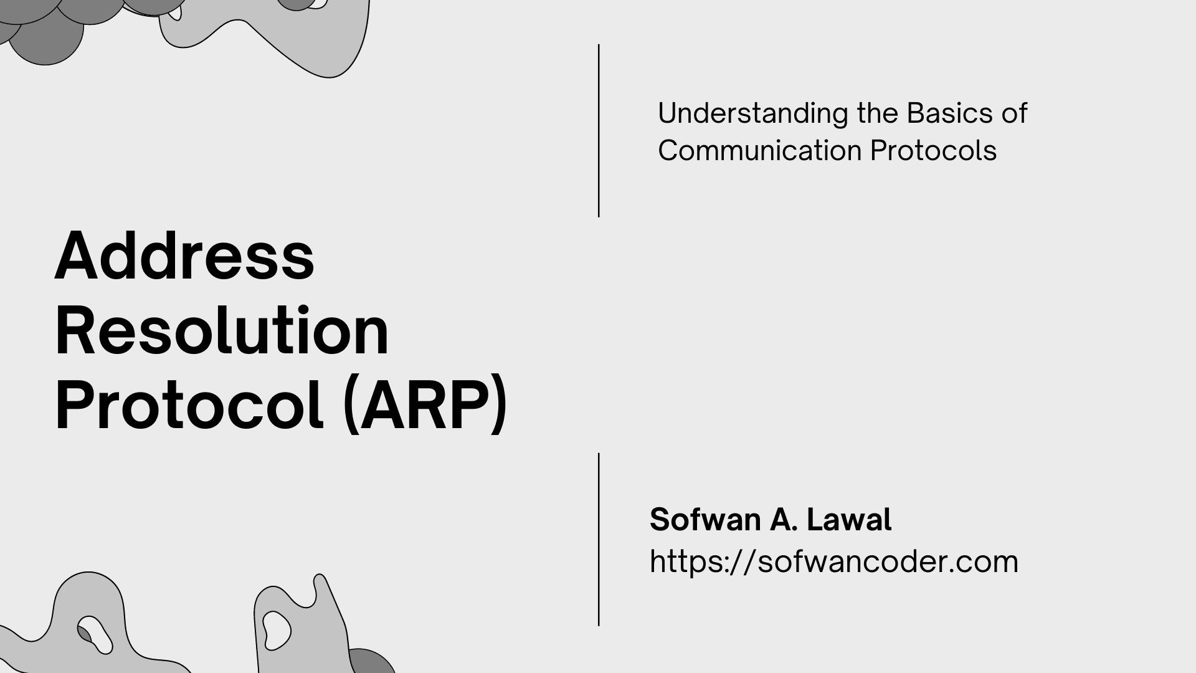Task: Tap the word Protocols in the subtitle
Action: pyautogui.click(x=933, y=151)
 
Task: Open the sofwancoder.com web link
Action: pyautogui.click(x=833, y=561)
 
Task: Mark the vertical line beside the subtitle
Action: pyautogui.click(x=599, y=131)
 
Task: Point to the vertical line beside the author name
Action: pyautogui.click(x=599, y=539)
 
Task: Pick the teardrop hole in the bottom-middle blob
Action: pyautogui.click(x=276, y=629)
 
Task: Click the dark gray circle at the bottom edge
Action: pyautogui.click(x=371, y=662)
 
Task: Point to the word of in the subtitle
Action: pyautogui.click(x=1014, y=113)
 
